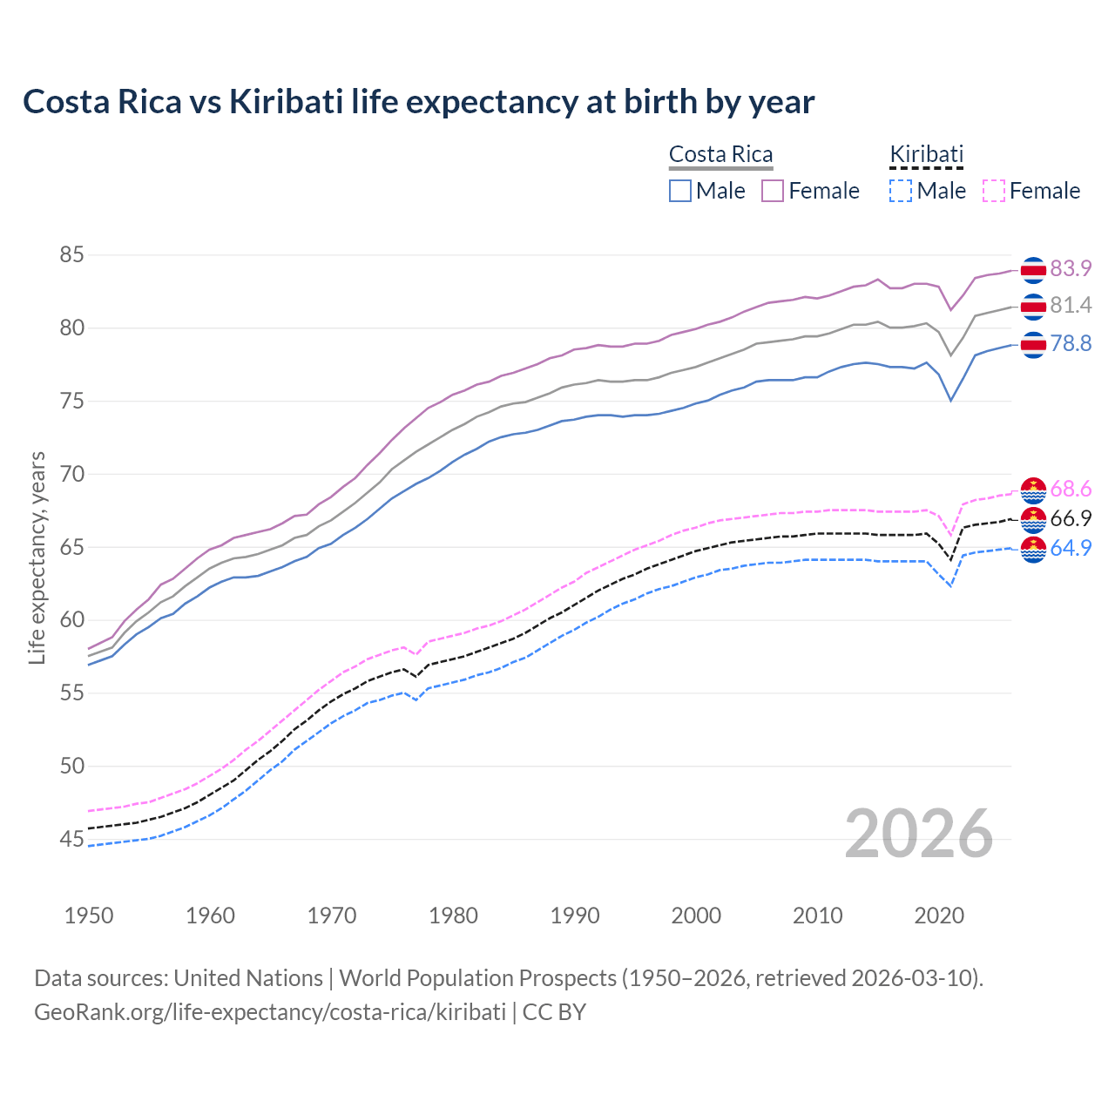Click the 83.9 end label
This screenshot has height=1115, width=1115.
tap(1071, 268)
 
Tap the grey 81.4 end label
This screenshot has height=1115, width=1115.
tap(1071, 305)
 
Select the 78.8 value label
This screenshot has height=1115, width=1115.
tap(1071, 343)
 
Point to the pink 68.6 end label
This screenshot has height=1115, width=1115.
tap(1071, 489)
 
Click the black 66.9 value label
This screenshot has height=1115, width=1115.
tap(1071, 518)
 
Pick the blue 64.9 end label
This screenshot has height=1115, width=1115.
tap(1071, 548)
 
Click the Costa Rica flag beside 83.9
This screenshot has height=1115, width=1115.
tap(1033, 270)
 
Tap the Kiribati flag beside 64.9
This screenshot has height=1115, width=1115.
tap(1033, 550)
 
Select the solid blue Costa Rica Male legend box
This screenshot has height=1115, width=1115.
tap(680, 191)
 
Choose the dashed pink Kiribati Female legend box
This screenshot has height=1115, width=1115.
tap(993, 191)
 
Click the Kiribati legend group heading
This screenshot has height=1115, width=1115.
tap(926, 154)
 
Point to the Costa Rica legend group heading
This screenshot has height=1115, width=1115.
tap(720, 154)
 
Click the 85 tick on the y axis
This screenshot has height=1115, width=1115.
tap(72, 255)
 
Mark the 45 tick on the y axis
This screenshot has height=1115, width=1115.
tap(72, 839)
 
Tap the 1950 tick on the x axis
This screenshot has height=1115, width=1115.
tap(89, 916)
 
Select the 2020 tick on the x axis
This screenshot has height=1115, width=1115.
tap(938, 916)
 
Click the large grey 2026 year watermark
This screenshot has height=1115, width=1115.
tap(918, 834)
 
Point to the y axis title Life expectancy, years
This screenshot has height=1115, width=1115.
tap(37, 557)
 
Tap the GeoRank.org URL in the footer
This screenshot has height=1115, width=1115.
tap(270, 1012)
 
